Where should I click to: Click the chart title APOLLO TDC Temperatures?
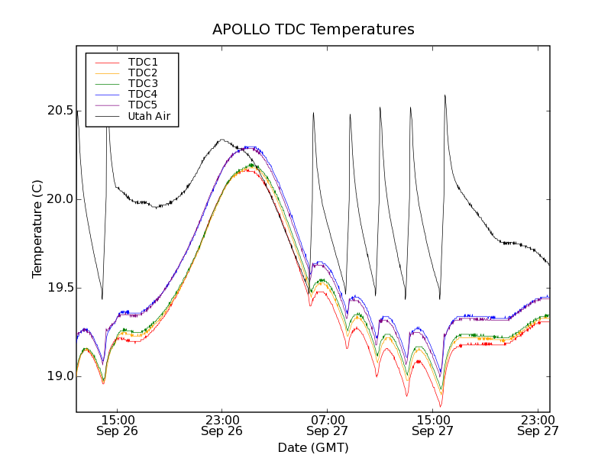tap(313, 30)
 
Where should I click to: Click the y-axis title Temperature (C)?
tap(37, 229)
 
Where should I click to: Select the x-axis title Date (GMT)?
tap(313, 447)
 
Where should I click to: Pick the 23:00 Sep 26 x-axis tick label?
tap(222, 425)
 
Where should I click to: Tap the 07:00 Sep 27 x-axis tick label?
tap(328, 425)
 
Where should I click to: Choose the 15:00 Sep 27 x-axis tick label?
tap(433, 425)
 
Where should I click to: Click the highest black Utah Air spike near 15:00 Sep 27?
tap(445, 95)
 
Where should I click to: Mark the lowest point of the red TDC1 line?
tap(441, 406)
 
